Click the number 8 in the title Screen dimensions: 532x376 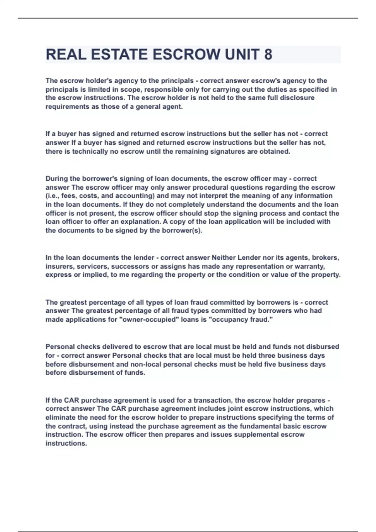click(x=268, y=54)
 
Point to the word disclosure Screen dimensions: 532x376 click(x=298, y=98)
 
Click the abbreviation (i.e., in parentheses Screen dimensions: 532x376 click(x=52, y=196)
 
